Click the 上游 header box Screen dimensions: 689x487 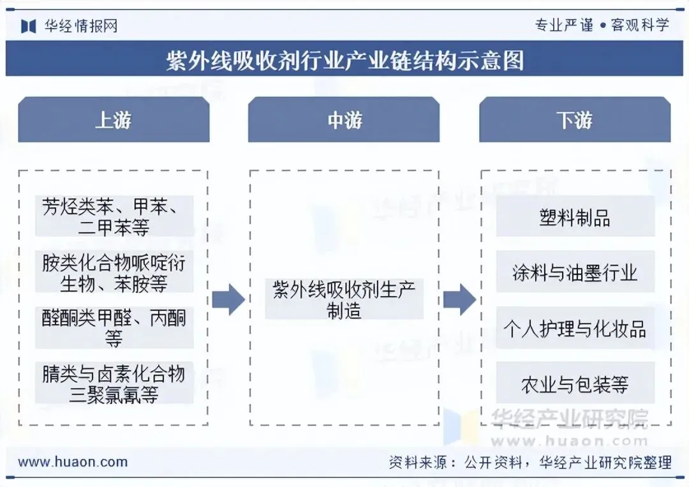tap(114, 120)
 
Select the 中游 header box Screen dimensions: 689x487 tap(344, 120)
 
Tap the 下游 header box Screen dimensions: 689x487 tap(575, 120)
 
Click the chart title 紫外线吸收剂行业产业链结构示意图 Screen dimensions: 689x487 tap(344, 60)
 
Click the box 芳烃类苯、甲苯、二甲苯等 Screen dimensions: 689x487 tap(114, 216)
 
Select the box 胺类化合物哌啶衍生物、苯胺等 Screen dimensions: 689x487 tap(114, 273)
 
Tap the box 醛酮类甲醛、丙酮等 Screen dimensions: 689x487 tap(114, 327)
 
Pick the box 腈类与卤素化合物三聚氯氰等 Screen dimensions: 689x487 tap(114, 383)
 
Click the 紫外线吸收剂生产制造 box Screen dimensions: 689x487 tap(344, 299)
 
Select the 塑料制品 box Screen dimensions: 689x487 tap(575, 217)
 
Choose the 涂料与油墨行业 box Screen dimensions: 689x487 tap(575, 273)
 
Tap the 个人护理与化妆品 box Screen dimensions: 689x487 tap(575, 329)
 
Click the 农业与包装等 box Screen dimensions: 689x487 tap(575, 384)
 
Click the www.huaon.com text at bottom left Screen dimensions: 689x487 tap(73, 462)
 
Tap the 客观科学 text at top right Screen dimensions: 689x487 tap(640, 26)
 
